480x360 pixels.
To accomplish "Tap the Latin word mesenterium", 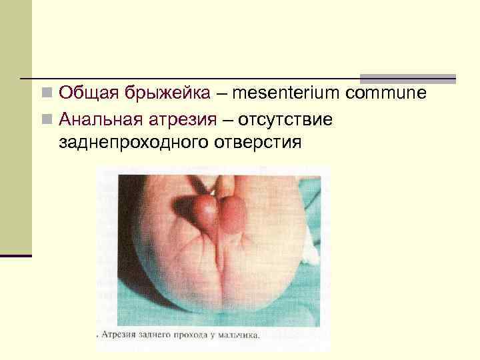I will (x=289, y=93).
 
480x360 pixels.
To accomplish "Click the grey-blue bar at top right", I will (x=407, y=78).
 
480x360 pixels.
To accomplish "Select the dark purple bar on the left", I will (x=15, y=255).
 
